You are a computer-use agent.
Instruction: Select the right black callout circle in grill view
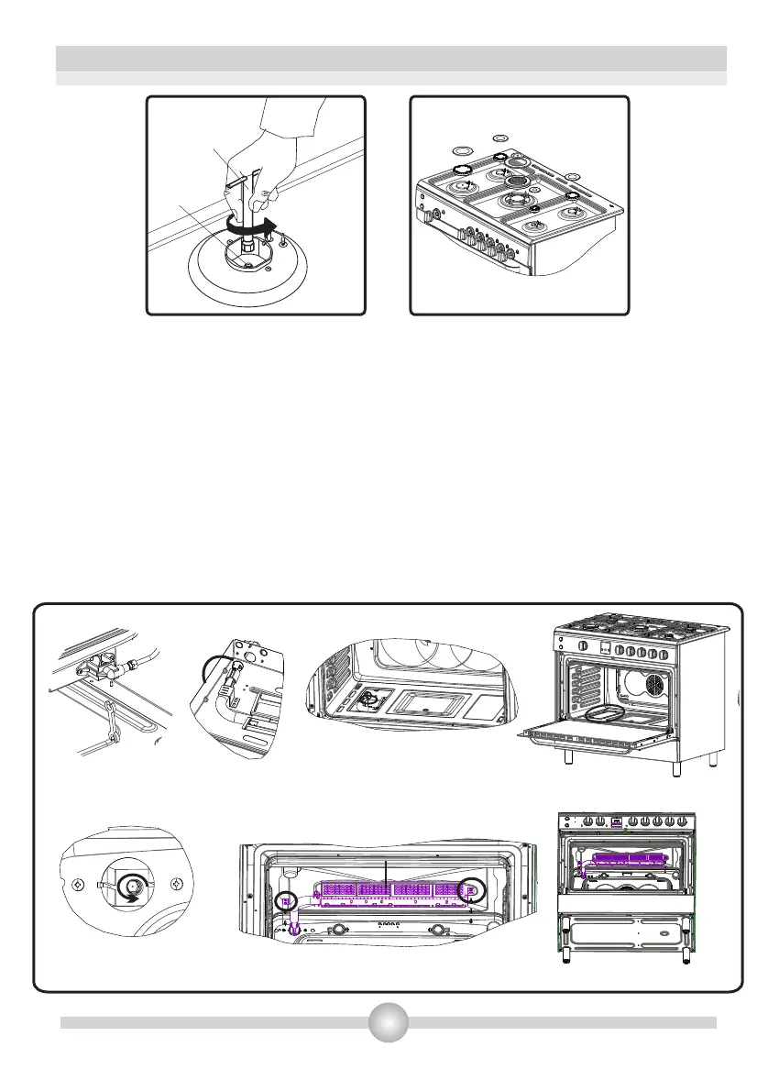point(471,889)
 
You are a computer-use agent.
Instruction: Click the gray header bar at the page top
point(391,59)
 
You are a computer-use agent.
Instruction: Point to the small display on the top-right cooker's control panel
point(606,647)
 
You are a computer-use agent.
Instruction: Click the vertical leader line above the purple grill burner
point(387,873)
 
